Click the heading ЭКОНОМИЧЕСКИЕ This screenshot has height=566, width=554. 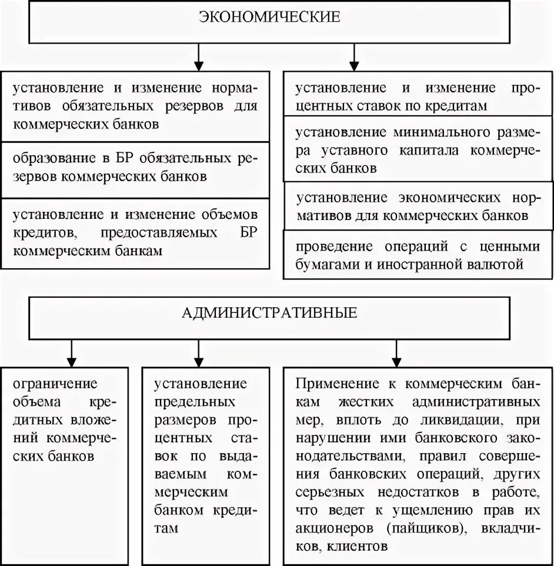click(270, 17)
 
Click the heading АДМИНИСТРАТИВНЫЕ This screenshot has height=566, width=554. click(270, 312)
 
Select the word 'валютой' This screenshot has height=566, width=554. click(498, 264)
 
